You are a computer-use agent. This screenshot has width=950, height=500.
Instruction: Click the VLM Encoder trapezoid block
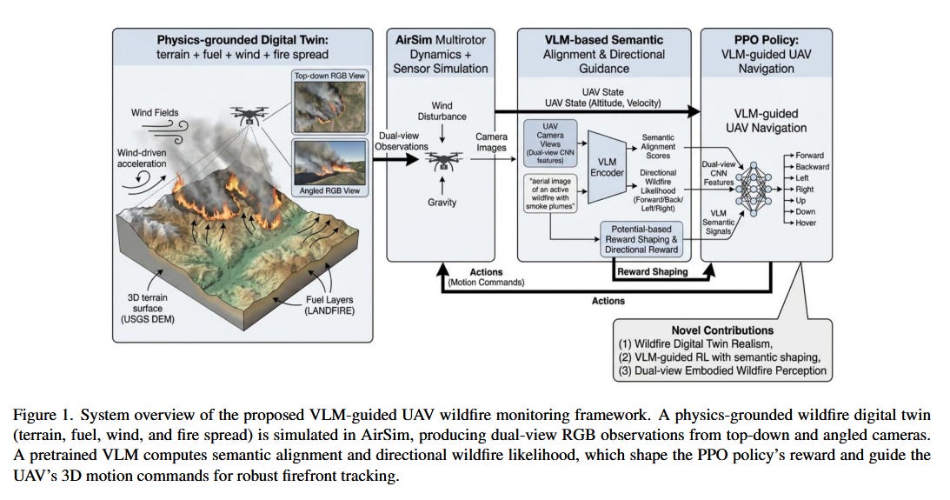607,167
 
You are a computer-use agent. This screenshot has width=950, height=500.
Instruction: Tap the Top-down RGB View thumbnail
329,106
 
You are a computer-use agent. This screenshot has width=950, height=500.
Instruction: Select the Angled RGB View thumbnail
329,163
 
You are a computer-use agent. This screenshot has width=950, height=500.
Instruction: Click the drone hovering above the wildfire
249,115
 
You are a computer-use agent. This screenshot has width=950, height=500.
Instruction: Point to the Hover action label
806,223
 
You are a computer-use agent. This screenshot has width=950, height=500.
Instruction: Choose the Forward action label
809,155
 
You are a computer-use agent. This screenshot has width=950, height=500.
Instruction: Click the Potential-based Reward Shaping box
641,239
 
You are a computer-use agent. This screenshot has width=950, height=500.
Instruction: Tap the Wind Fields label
155,112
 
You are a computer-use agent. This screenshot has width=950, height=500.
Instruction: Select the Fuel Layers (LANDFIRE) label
329,305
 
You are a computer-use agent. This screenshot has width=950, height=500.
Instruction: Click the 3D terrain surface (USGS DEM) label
147,308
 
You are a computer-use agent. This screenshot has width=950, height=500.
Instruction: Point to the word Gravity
442,203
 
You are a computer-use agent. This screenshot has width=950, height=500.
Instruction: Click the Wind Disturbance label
442,111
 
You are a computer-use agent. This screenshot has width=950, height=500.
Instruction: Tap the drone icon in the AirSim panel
442,161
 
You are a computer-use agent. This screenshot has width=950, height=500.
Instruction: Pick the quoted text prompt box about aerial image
550,193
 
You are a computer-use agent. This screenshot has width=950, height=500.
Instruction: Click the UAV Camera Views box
550,143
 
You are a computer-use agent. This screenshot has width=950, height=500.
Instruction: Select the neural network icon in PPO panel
754,189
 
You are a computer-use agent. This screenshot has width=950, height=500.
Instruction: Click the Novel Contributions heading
722,330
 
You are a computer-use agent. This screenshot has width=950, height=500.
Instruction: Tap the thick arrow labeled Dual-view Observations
395,159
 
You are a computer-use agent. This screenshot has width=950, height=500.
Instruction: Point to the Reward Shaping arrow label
652,271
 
